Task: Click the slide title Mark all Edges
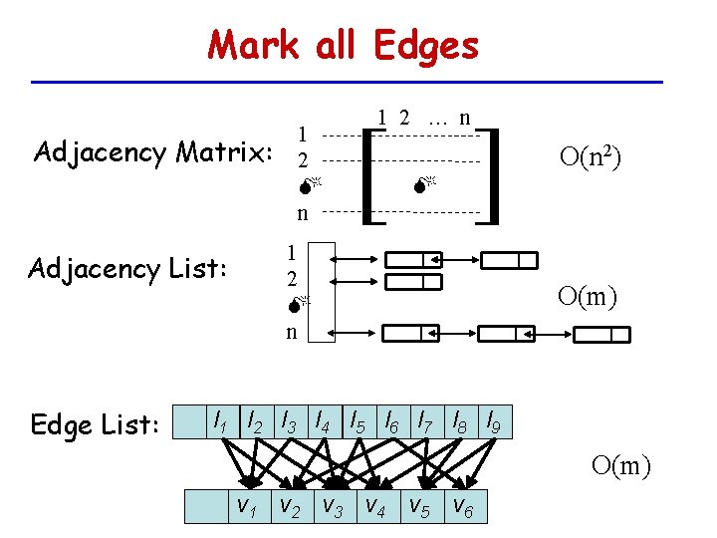pyautogui.click(x=344, y=45)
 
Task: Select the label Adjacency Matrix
pyautogui.click(x=153, y=152)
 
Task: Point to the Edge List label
pyautogui.click(x=96, y=424)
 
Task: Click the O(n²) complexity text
pyautogui.click(x=592, y=156)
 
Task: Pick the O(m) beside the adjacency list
pyautogui.click(x=589, y=295)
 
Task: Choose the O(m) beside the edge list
pyautogui.click(x=620, y=464)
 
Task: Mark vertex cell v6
pyautogui.click(x=464, y=507)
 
